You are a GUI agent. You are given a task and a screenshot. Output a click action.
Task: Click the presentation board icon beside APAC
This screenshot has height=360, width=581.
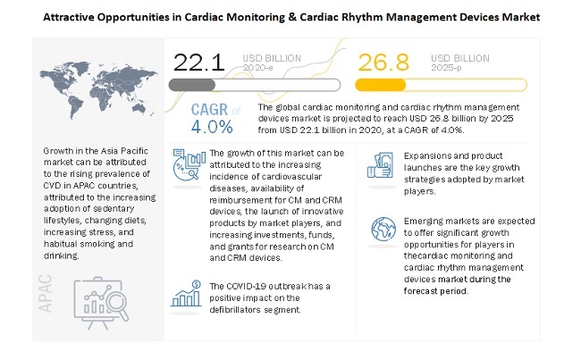[106, 297]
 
